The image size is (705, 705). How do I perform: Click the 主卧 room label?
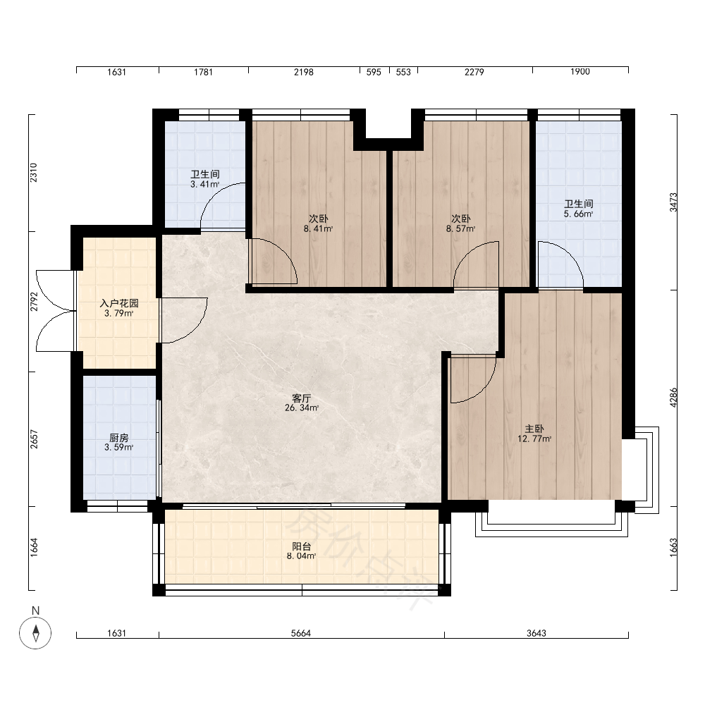[534, 429]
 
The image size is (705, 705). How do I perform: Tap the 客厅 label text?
[302, 398]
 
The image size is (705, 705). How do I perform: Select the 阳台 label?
[302, 546]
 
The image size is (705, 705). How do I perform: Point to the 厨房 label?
[119, 438]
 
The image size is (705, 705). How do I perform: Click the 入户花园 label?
[119, 303]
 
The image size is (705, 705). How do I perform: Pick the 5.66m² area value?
[579, 214]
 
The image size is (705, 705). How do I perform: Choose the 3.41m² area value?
[205, 184]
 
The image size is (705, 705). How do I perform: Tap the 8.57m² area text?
[461, 228]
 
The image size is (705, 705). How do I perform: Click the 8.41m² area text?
[319, 228]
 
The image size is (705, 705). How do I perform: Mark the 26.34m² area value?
[302, 407]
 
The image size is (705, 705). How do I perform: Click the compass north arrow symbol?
[35, 633]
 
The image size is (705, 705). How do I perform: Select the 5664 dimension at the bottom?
[301, 633]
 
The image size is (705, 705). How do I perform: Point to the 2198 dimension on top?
[303, 72]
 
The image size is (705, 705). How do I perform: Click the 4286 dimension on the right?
[673, 398]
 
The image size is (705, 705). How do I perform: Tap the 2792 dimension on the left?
[34, 302]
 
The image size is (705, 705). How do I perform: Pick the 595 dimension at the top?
[374, 72]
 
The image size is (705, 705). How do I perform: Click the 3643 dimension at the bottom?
[537, 633]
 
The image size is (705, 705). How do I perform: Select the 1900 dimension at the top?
[580, 71]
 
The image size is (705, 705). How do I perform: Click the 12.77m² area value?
[534, 439]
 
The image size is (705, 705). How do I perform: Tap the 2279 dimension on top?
[474, 72]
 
